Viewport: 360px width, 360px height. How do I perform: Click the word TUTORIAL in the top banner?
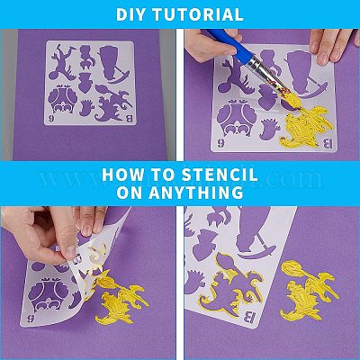coord(196,14)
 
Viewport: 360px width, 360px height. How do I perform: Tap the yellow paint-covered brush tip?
coord(289,95)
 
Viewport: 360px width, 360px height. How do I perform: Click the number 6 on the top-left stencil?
coord(51,119)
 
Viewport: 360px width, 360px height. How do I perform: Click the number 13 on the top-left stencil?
coord(128,119)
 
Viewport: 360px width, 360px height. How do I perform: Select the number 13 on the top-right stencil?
coord(328,144)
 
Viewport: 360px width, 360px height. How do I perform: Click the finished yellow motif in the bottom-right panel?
coord(309,290)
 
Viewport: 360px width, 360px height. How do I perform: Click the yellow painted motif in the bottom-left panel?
coord(121,297)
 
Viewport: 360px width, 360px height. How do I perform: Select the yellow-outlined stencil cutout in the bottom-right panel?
coord(229,285)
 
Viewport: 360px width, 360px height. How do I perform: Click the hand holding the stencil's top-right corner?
coord(334,44)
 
